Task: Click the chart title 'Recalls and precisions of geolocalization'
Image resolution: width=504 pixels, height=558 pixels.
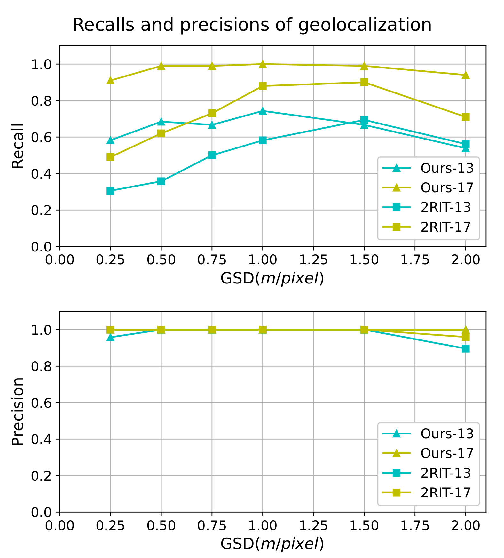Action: pyautogui.click(x=252, y=25)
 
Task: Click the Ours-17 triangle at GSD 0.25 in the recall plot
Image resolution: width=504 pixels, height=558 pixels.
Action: pyautogui.click(x=110, y=80)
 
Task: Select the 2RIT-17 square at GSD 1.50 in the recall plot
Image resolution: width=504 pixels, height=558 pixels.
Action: pyautogui.click(x=364, y=82)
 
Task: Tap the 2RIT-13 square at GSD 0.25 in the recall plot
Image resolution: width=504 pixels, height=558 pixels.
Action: pyautogui.click(x=110, y=191)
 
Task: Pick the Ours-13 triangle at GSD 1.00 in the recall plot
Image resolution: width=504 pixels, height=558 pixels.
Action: pyautogui.click(x=263, y=111)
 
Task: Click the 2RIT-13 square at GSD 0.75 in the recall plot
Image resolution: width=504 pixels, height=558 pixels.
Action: pyautogui.click(x=212, y=155)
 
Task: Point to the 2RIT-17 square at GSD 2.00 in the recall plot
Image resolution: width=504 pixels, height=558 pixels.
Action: pyautogui.click(x=466, y=117)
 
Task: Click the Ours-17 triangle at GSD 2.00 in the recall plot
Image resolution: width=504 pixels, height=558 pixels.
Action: pyautogui.click(x=466, y=75)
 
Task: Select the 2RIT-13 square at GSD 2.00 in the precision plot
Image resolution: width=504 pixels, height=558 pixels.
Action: pyautogui.click(x=466, y=348)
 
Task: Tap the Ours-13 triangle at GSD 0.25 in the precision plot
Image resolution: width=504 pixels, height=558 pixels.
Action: pyautogui.click(x=110, y=337)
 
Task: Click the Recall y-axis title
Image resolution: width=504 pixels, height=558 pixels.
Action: pyautogui.click(x=18, y=146)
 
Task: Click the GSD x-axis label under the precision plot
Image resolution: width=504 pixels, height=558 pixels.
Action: pyautogui.click(x=272, y=544)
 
